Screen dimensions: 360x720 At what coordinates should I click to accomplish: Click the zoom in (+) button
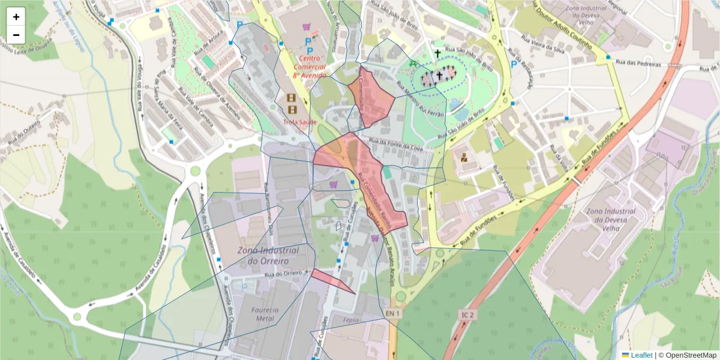[x=16, y=17]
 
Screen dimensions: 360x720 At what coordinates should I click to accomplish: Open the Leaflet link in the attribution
[x=641, y=355]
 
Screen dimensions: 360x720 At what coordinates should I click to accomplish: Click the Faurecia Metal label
[x=265, y=314]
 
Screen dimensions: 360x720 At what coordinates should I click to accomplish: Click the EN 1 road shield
[x=392, y=314]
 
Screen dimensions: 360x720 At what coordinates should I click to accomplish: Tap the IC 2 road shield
[x=468, y=314]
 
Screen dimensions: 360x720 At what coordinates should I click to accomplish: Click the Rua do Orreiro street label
[x=284, y=274]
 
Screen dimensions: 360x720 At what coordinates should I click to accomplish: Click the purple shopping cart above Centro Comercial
[x=307, y=27]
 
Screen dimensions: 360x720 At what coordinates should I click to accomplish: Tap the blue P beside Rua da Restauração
[x=514, y=64]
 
